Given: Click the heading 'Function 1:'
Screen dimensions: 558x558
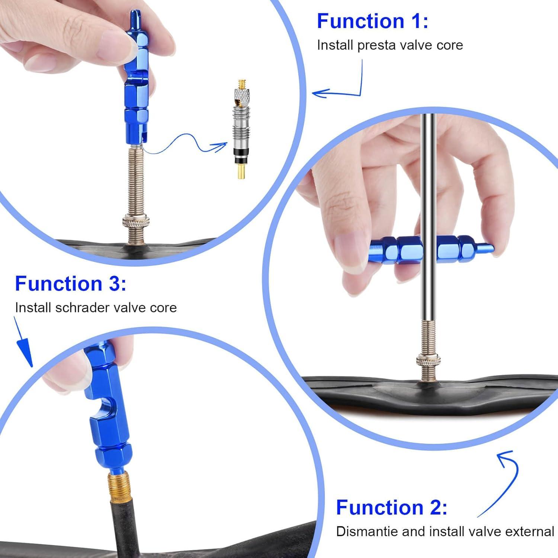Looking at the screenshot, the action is [x=372, y=21].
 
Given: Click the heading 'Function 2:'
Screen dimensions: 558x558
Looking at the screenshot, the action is [x=391, y=507].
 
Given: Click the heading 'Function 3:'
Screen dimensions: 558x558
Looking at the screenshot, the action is [x=71, y=284].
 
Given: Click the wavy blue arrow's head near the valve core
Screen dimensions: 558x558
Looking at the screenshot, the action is [x=221, y=146].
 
